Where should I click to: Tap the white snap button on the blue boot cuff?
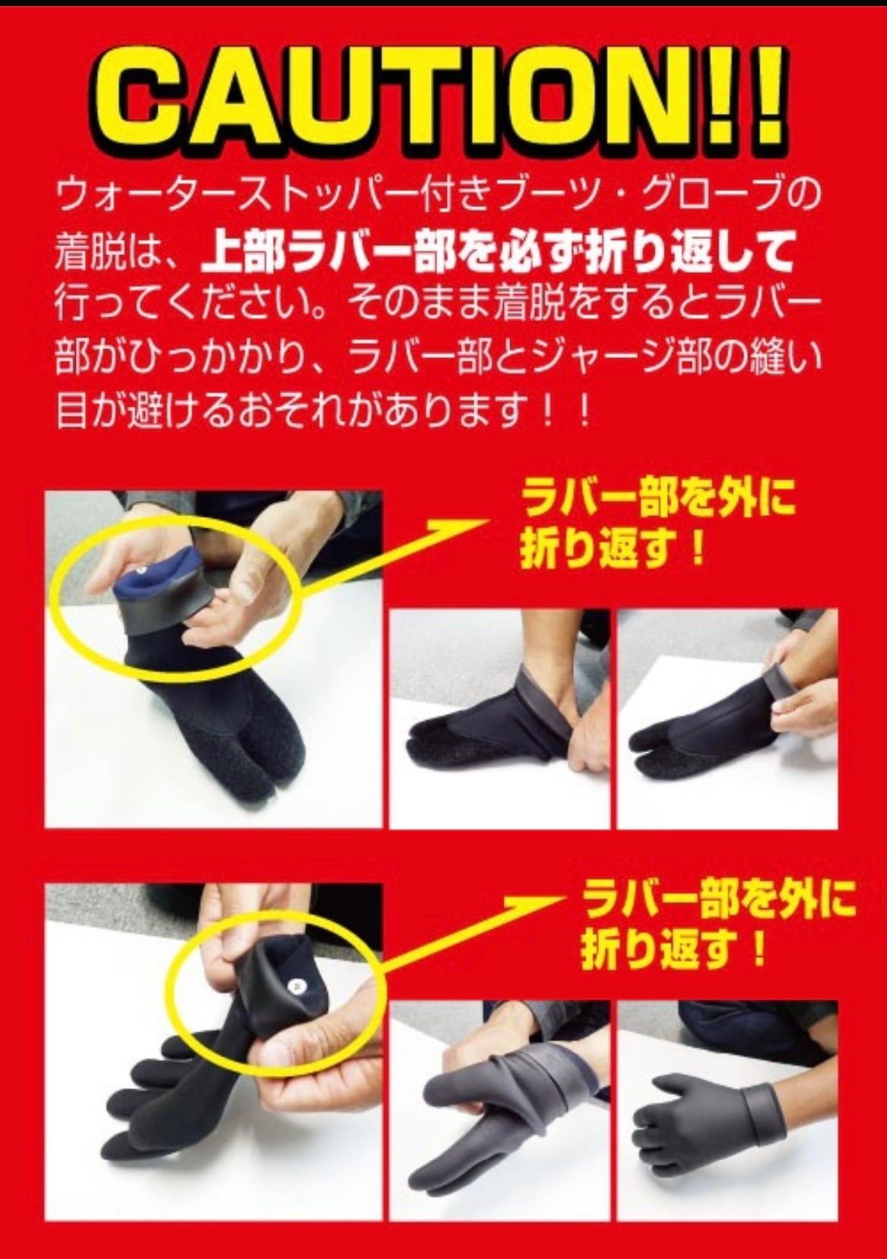142,568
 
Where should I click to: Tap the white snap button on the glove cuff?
297,986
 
